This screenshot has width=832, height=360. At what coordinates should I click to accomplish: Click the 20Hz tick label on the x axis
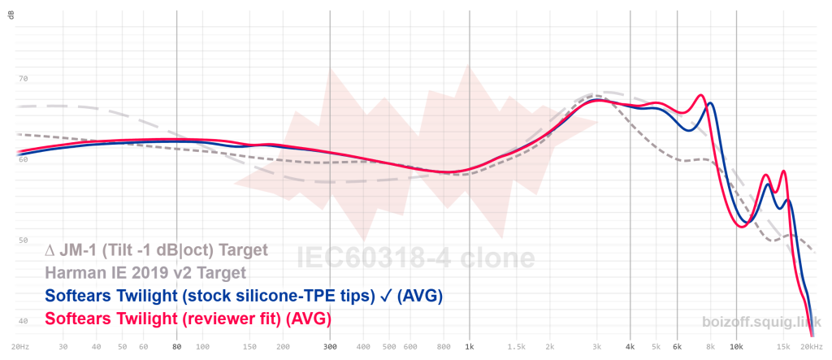click(21, 345)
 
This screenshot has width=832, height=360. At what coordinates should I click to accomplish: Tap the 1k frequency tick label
click(469, 345)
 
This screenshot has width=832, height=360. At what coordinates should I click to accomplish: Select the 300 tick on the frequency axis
click(330, 345)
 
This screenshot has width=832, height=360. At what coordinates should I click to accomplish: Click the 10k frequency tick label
click(736, 345)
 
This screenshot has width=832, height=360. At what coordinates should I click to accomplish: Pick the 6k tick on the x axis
click(677, 345)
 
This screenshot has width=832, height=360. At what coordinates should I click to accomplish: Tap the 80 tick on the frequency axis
click(176, 345)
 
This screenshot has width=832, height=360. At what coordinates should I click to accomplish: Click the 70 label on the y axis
click(23, 79)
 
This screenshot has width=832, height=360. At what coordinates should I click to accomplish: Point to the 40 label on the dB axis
click(23, 321)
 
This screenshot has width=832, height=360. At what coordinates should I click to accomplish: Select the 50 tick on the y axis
click(23, 241)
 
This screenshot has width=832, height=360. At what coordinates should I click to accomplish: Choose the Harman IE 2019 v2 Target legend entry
click(146, 272)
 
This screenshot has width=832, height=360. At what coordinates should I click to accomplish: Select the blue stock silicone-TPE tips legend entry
click(244, 296)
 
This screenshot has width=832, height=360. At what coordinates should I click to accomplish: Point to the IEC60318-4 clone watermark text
click(415, 258)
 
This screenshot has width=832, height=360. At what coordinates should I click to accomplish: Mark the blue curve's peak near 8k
click(710, 103)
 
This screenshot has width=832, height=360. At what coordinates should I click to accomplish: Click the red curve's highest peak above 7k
click(700, 95)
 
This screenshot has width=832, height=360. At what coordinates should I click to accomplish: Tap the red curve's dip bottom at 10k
click(740, 227)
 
